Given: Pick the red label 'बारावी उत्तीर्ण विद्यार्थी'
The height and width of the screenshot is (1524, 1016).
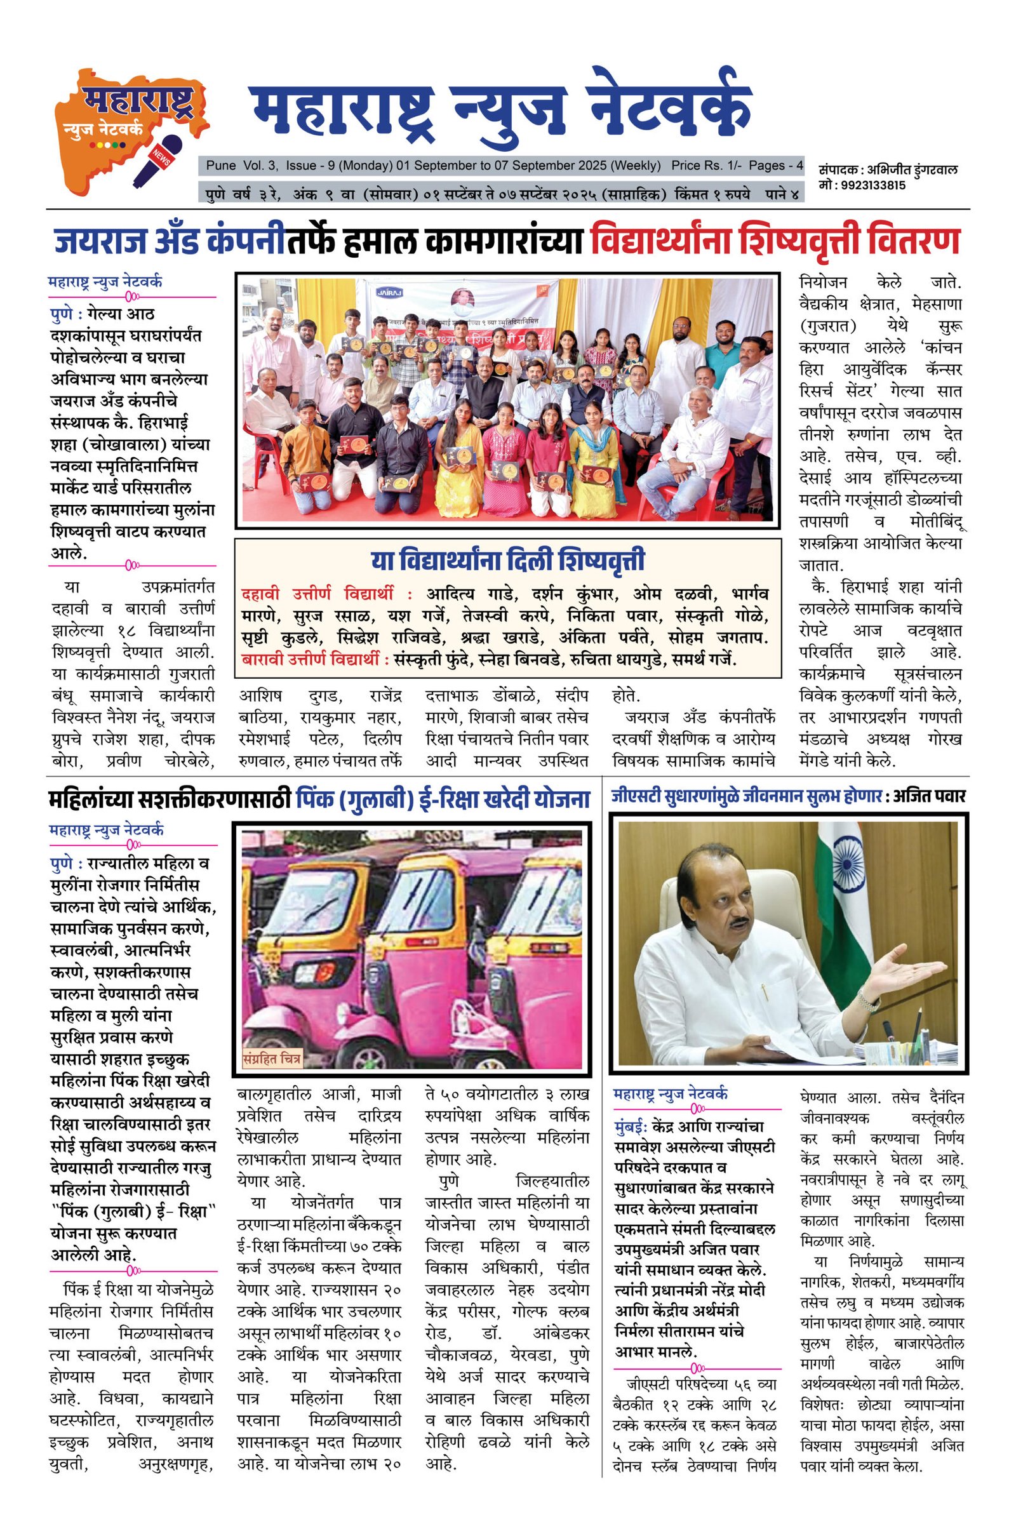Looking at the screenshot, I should pyautogui.click(x=315, y=660).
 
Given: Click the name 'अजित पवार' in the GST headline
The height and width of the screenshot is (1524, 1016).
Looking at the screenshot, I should pyautogui.click(x=930, y=796).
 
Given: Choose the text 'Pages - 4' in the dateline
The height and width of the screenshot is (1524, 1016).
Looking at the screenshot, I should pyautogui.click(x=775, y=165).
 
